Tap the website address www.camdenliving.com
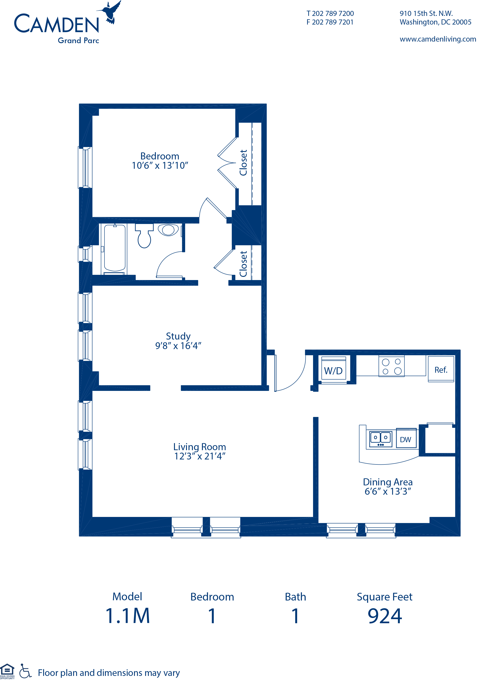438,39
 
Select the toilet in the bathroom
144,236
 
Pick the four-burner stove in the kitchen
391,366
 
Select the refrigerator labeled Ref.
441,369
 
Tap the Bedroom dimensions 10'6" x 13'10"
160,165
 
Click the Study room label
178,336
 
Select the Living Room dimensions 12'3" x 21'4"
200,456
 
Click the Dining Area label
388,482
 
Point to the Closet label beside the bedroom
243,163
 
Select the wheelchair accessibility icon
25,671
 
